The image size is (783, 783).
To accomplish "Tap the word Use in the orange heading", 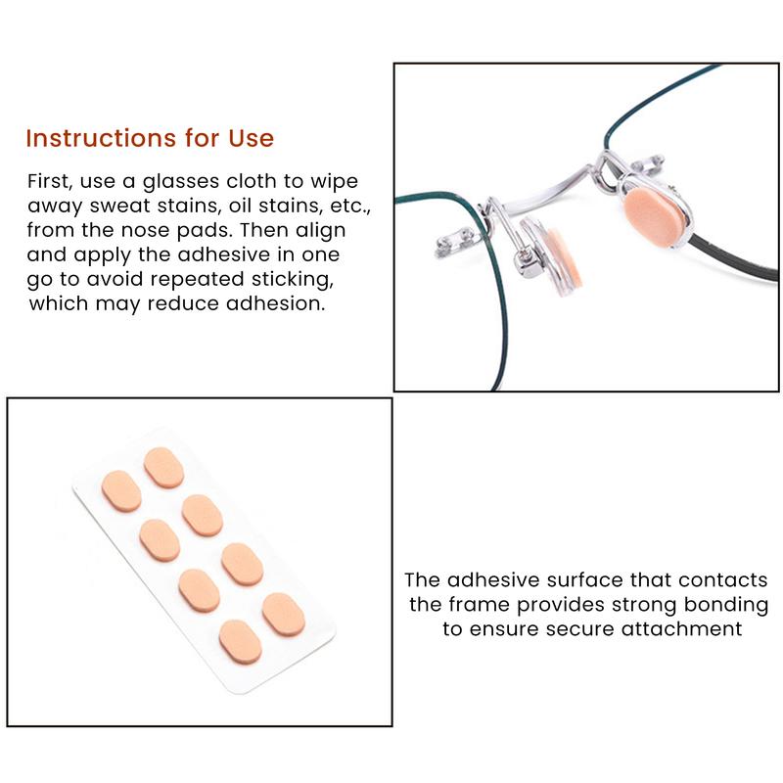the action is (252, 138).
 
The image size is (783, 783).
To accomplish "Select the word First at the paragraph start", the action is (49, 181).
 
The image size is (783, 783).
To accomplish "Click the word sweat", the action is (119, 206).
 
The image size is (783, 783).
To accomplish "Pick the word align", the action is (320, 230).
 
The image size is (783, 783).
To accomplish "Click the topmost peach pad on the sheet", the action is (163, 468).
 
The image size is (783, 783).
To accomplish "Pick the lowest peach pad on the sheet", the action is (241, 642).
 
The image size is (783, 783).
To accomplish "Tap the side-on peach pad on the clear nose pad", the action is (564, 259).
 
